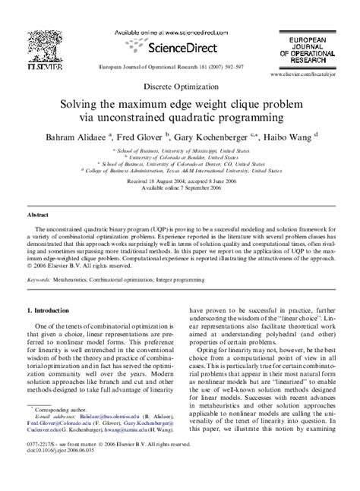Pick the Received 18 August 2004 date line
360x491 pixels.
pos(180,181)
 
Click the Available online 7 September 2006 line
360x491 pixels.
pos(180,188)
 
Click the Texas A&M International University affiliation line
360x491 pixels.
pos(180,172)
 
